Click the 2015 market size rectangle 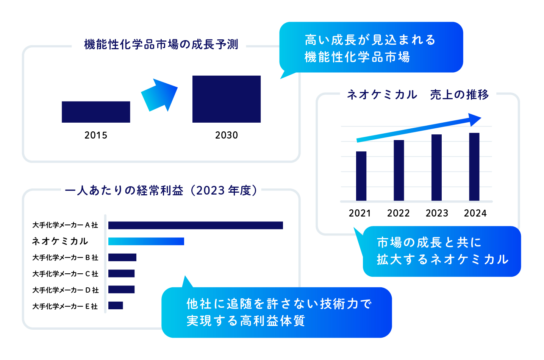[96, 112]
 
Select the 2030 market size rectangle [227, 99]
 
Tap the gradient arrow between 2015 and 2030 [159, 95]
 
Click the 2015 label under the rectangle [96, 135]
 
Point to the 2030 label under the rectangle [227, 135]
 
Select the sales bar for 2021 [361, 176]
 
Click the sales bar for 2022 [399, 170]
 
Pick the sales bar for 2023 [436, 167]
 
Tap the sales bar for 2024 [474, 167]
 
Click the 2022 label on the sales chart [398, 213]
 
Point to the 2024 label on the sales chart [475, 213]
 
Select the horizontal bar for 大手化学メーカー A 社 [195, 225]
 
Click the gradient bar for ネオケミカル [146, 241]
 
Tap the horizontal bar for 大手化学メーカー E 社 [116, 305]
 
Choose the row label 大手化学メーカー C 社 [65, 274]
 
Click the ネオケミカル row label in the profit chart [60, 241]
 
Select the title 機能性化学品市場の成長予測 [161, 44]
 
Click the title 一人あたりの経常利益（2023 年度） [161, 190]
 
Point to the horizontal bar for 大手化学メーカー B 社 [122, 257]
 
